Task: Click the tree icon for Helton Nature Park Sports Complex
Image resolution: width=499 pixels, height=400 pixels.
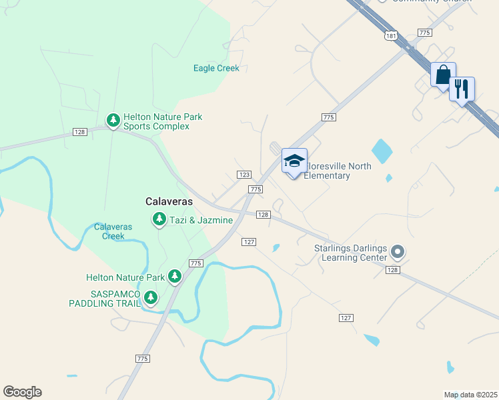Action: (113, 120)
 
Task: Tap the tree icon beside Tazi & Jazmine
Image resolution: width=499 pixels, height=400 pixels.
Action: (159, 219)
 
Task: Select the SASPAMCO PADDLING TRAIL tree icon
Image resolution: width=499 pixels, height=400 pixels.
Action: (151, 297)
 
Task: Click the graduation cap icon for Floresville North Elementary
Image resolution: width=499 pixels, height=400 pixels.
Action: (294, 162)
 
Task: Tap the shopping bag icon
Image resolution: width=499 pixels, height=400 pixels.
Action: (443, 75)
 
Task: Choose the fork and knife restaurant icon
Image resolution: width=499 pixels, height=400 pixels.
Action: (462, 89)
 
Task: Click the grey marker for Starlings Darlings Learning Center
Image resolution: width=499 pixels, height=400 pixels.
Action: (398, 252)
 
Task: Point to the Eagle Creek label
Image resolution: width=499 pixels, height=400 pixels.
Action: (216, 68)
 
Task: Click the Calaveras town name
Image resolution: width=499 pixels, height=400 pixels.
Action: (169, 201)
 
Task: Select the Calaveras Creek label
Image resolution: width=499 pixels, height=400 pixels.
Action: (113, 231)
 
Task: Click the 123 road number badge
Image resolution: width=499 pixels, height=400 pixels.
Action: (243, 174)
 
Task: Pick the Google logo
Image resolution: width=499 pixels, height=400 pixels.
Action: (22, 392)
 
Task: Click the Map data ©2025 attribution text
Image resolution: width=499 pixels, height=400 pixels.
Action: (470, 395)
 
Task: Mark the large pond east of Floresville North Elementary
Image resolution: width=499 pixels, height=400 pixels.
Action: (382, 151)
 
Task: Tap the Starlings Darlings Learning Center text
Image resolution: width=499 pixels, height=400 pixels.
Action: (350, 253)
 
